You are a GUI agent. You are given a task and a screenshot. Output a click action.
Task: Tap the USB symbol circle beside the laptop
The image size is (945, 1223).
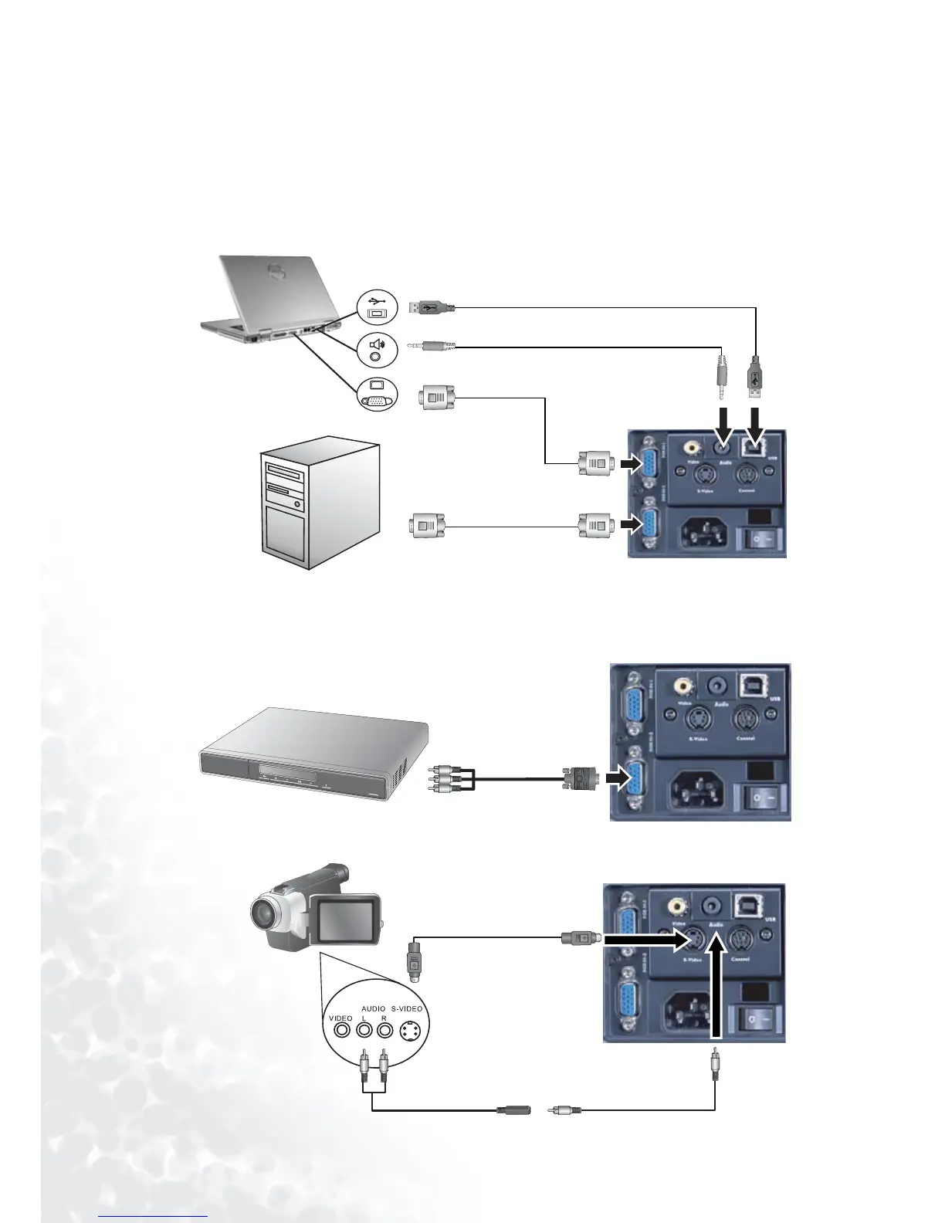coord(378,307)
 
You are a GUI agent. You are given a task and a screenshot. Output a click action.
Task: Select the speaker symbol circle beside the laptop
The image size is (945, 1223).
coord(378,350)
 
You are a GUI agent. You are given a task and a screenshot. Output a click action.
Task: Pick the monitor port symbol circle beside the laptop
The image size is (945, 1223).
coord(378,394)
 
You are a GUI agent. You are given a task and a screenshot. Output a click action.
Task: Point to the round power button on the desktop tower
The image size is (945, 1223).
coord(297,504)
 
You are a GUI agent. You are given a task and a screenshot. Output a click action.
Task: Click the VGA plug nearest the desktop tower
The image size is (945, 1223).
coord(427,527)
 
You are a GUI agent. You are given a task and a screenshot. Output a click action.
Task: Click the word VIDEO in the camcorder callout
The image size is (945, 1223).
coord(340,1018)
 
